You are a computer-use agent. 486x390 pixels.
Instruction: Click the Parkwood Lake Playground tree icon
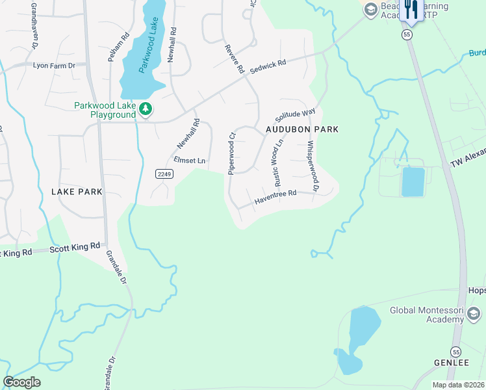[x=147, y=110]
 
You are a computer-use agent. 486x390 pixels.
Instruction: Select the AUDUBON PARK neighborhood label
[x=302, y=129]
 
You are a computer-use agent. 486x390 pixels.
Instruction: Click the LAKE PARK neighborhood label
[x=77, y=192]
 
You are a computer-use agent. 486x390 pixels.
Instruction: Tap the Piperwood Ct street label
[x=231, y=153]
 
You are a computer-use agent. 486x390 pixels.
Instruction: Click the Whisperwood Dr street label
[x=312, y=166]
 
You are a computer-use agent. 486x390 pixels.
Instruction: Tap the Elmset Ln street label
[x=189, y=160]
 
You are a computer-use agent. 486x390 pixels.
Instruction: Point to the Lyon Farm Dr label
[x=55, y=66]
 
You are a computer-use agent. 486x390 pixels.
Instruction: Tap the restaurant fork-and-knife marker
[x=411, y=10]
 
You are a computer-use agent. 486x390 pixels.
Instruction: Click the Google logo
[x=21, y=382]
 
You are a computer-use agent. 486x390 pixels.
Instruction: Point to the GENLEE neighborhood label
[x=451, y=362]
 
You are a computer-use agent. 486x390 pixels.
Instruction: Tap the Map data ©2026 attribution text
[x=457, y=385]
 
